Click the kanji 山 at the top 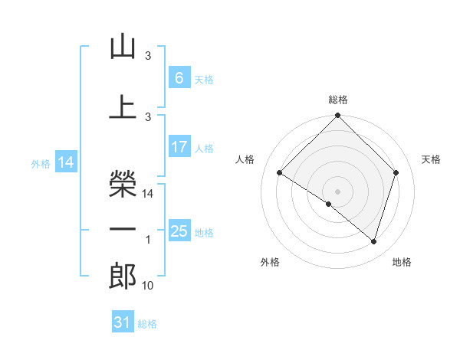click(x=123, y=47)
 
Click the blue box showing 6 click(x=179, y=77)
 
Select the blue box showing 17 click(x=179, y=147)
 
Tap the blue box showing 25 click(x=179, y=231)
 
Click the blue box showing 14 click(x=66, y=162)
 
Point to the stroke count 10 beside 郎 click(x=148, y=286)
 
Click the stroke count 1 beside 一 click(x=148, y=240)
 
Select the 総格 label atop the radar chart click(x=337, y=100)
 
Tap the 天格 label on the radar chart click(x=432, y=159)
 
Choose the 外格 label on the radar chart click(x=270, y=262)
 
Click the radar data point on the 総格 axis click(x=337, y=116)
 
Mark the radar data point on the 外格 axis click(x=329, y=204)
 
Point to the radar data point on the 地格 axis click(x=373, y=241)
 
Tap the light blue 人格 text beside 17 click(x=204, y=148)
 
